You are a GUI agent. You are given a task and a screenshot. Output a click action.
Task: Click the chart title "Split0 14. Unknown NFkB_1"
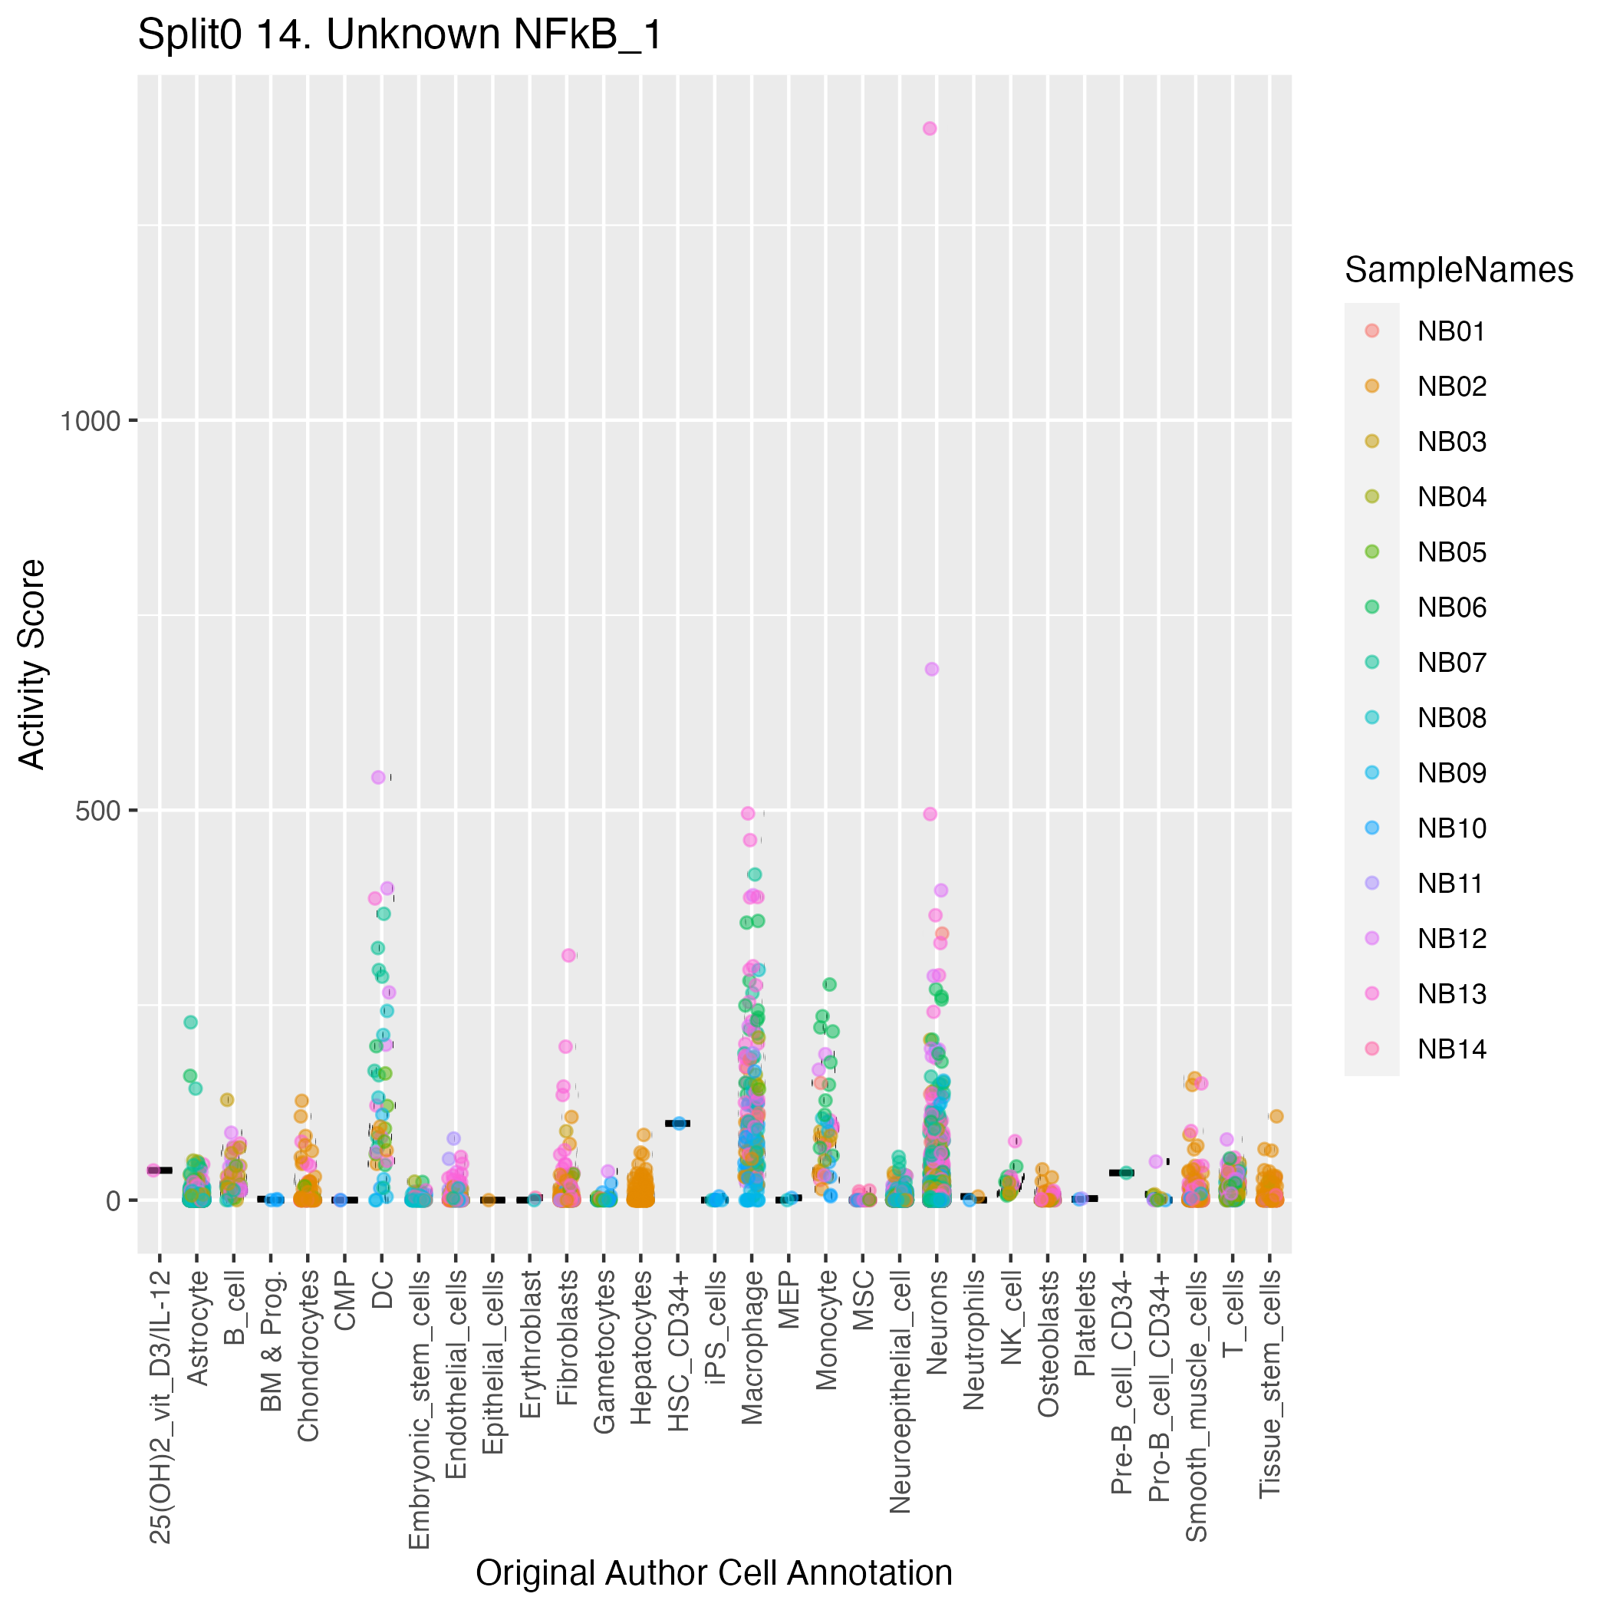click(399, 36)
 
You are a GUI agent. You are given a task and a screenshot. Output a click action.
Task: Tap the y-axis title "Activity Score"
click(32, 663)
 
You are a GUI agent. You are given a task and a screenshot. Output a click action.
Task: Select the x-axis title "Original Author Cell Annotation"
click(713, 1572)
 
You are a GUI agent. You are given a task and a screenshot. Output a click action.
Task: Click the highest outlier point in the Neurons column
click(929, 128)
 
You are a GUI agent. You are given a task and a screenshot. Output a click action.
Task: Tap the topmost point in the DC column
click(378, 777)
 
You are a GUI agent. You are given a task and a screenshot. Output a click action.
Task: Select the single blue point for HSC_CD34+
click(679, 1124)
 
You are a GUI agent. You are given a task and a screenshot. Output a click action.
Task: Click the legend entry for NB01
click(1450, 331)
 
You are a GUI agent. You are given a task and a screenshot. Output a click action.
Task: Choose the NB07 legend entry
click(1450, 663)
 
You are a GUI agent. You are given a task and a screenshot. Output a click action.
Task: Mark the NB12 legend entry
click(1450, 938)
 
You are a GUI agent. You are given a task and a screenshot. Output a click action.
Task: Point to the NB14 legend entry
click(1450, 1049)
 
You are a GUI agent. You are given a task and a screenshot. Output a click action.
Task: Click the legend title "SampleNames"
click(1458, 270)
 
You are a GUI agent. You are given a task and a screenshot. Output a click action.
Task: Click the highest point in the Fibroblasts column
click(568, 955)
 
